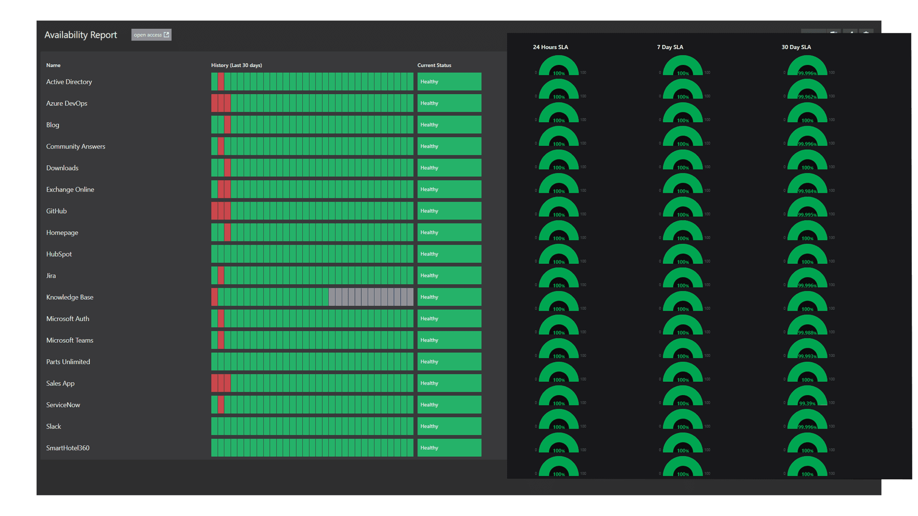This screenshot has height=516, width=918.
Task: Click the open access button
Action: click(151, 35)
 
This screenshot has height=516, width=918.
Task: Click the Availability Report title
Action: click(80, 35)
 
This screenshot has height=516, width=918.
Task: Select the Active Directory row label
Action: click(69, 82)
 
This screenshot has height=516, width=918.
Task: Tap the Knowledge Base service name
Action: click(70, 297)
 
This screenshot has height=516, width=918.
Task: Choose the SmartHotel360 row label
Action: click(68, 448)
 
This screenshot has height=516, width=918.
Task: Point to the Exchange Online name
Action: click(70, 189)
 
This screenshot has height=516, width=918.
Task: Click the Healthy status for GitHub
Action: click(449, 211)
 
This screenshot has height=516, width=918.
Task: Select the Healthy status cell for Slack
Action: click(449, 426)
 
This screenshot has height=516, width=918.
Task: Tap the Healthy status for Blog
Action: click(449, 125)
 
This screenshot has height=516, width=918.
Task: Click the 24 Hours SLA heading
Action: click(550, 47)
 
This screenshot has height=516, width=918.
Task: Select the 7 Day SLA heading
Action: click(670, 47)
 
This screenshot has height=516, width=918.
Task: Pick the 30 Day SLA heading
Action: click(796, 47)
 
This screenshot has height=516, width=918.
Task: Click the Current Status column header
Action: click(434, 65)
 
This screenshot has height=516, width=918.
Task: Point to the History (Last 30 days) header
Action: click(236, 65)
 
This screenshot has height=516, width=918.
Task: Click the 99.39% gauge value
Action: click(807, 403)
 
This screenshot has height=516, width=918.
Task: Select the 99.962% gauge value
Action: click(807, 97)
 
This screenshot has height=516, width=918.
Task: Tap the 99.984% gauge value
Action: click(807, 191)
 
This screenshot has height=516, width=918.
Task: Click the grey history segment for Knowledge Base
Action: click(371, 297)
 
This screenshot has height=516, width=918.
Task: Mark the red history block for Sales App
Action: click(221, 383)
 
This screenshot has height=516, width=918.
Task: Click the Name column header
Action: click(53, 65)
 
